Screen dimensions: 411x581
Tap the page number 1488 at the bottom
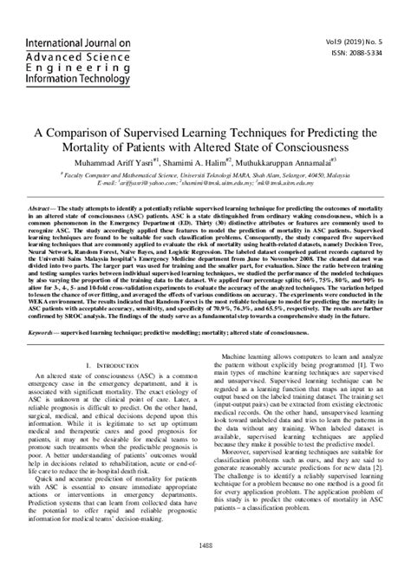(x=205, y=568)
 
